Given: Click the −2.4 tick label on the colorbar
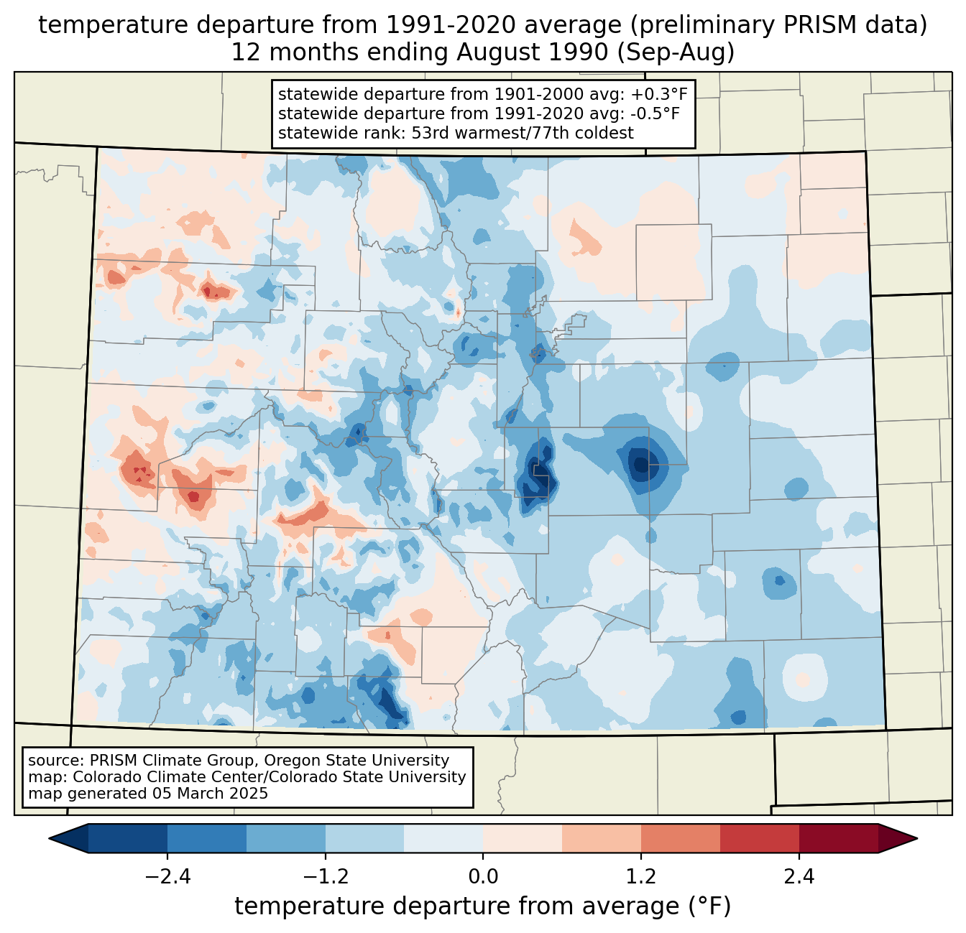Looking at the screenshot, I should (167, 877).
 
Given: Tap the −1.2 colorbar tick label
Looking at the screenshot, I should (325, 877).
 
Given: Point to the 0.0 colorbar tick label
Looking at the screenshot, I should (483, 877).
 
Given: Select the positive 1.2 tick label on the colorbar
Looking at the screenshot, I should (641, 877).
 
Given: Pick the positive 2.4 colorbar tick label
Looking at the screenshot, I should (799, 877).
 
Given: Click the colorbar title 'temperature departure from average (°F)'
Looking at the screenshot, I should (482, 906).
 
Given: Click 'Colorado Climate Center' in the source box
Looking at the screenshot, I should (155, 777).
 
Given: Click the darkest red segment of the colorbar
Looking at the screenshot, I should (838, 838).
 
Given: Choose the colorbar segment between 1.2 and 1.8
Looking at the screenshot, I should (680, 838).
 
